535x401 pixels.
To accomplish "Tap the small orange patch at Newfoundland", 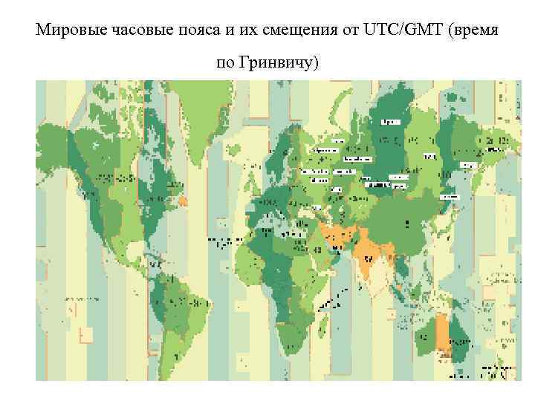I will click(183, 200).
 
